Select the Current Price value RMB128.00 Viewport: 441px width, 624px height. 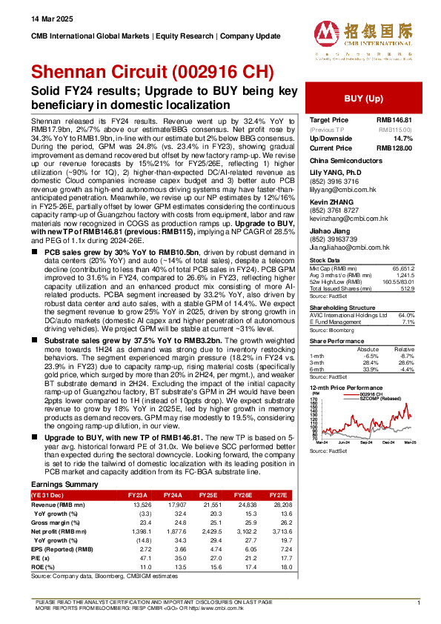[x=394, y=148]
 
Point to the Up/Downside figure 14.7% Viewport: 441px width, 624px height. [x=401, y=139]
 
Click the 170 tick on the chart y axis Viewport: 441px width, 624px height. [x=314, y=399]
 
